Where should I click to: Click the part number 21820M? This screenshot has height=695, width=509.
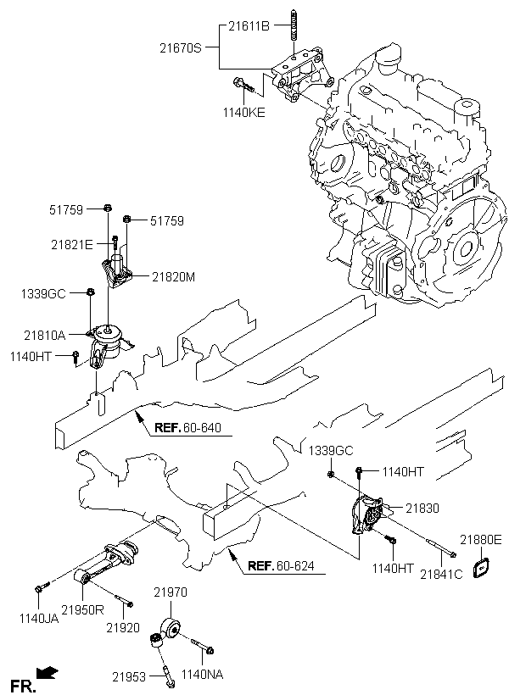coord(173,275)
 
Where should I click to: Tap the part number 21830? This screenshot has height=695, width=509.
coord(422,508)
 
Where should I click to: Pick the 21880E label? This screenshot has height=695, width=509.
coord(481,539)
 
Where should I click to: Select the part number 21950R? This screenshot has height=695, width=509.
coord(82,610)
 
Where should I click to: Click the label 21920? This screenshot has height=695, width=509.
coord(123,627)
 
